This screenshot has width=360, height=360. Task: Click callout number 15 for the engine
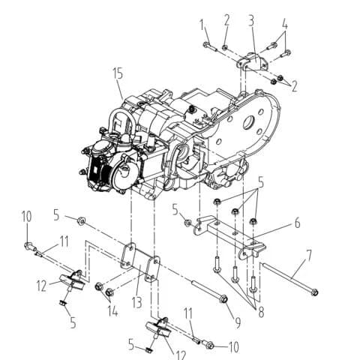tap(118, 73)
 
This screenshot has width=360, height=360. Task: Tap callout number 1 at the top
tap(202, 25)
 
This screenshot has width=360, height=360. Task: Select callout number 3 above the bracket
tap(251, 21)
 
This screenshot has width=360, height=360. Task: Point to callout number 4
tap(285, 25)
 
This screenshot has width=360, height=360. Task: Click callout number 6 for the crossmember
tap(297, 223)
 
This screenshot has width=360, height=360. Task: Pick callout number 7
tap(309, 255)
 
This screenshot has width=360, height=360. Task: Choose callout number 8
tap(261, 312)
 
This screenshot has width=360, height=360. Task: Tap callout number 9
tap(238, 322)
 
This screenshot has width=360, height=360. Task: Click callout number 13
tap(136, 303)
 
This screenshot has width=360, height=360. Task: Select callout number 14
tap(113, 311)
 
